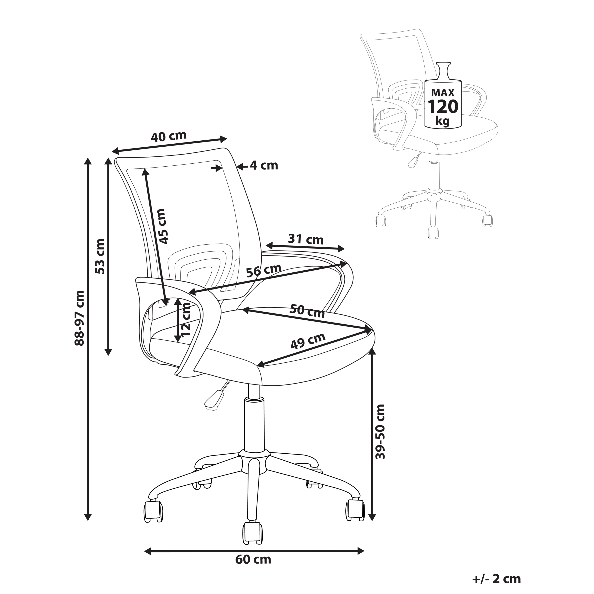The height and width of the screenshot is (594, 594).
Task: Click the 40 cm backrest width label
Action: [168, 136]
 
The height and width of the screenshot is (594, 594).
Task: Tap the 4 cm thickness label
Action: [264, 166]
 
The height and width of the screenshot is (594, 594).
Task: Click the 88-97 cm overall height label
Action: [79, 318]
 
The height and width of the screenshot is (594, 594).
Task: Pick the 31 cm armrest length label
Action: [306, 239]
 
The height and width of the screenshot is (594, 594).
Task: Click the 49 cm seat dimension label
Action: [308, 341]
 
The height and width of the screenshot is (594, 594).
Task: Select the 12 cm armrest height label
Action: [186, 320]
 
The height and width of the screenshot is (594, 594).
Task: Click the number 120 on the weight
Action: [443, 106]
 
